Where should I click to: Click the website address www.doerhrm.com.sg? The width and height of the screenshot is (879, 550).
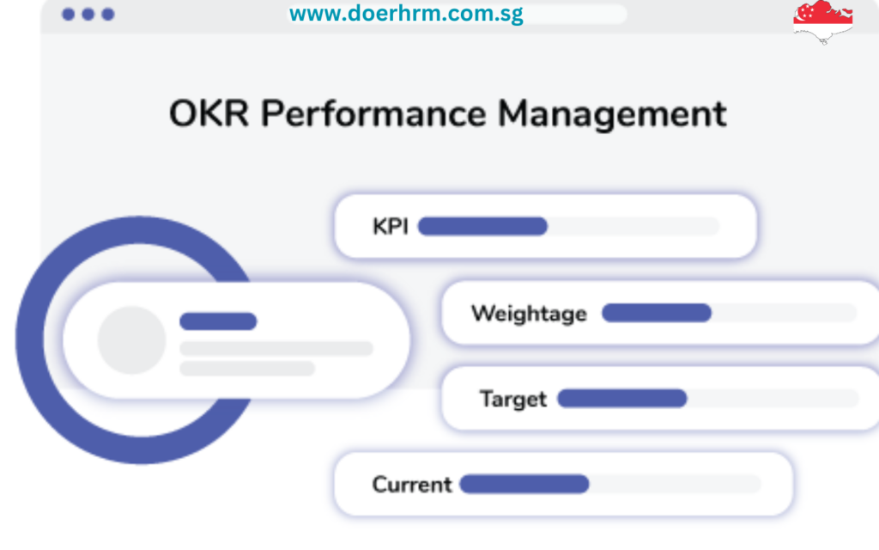click(406, 14)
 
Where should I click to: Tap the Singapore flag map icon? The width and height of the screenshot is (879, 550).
click(822, 21)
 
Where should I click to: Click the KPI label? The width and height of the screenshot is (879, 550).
click(391, 227)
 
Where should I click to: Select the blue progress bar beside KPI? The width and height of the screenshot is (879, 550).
click(482, 226)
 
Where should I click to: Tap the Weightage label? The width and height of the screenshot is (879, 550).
click(529, 314)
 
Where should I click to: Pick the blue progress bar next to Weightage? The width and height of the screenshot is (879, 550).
click(657, 313)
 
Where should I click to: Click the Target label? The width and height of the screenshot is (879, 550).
click(512, 400)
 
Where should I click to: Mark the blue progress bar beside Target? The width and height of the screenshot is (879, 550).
click(622, 398)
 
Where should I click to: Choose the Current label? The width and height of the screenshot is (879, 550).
click(412, 485)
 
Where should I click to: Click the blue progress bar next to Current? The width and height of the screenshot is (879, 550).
click(524, 484)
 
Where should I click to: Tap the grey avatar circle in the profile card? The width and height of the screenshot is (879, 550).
click(131, 339)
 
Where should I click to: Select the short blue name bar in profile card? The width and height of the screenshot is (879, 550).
click(218, 321)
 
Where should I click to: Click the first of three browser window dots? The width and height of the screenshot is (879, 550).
click(69, 15)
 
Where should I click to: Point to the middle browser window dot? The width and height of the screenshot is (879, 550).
click(88, 15)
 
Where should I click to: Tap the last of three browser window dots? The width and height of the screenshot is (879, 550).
click(108, 15)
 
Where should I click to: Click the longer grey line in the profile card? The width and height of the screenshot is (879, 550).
click(276, 348)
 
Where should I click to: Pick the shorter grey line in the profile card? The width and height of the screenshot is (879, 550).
click(247, 368)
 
